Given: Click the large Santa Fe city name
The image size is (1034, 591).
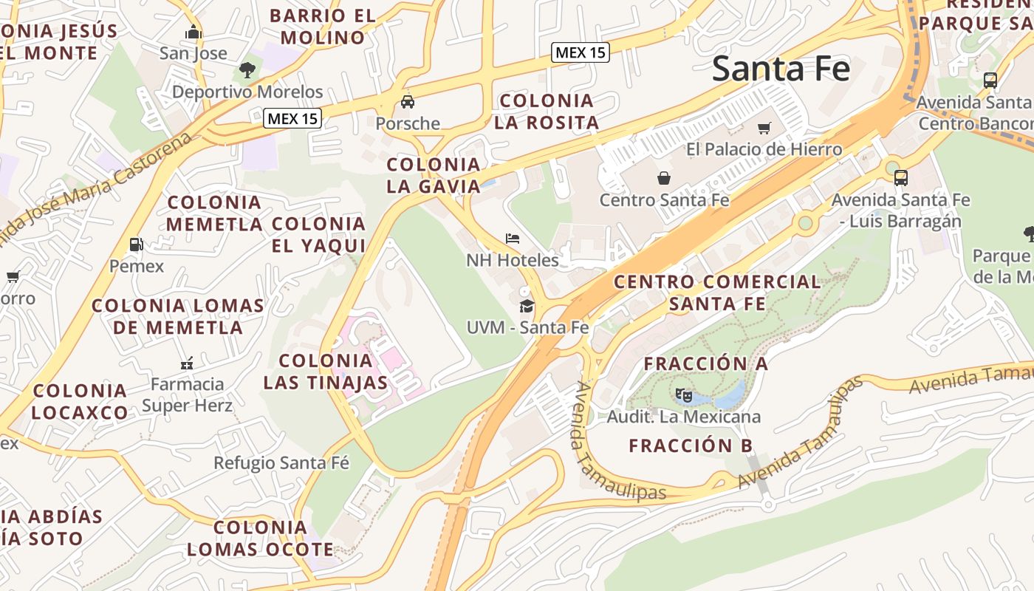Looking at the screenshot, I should [781, 69].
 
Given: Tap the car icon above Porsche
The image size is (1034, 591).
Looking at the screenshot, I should [407, 102].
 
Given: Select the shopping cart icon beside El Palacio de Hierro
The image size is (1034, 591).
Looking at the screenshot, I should [764, 128].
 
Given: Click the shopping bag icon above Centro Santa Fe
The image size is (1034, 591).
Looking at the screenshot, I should [664, 178].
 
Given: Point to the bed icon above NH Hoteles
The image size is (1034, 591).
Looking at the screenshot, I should [513, 239].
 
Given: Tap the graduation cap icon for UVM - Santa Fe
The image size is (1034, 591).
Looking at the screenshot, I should [527, 306].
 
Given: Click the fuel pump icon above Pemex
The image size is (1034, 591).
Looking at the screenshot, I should [136, 244].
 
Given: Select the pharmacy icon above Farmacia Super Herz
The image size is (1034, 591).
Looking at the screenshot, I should [187, 363].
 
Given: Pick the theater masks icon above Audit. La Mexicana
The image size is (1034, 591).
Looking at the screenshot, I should [683, 395].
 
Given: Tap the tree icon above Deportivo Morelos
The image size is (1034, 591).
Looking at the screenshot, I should [247, 70].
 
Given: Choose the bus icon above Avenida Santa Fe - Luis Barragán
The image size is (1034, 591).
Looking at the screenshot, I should [900, 178].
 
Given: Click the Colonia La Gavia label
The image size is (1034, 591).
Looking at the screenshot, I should [434, 175].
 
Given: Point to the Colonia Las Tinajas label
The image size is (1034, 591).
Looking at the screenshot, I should [326, 372].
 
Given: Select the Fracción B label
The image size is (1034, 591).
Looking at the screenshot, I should [691, 445].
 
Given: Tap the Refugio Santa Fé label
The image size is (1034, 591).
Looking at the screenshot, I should [281, 463].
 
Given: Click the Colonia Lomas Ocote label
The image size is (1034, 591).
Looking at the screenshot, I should [260, 539].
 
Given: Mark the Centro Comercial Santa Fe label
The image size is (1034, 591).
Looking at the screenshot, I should [716, 293].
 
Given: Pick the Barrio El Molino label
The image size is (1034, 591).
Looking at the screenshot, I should [323, 27].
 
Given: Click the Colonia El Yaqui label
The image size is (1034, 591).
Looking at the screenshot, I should [319, 234].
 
